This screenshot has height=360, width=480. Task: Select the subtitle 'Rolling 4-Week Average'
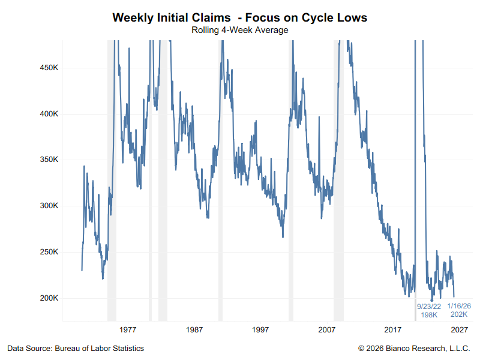239,29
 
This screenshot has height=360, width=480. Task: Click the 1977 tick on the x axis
128,329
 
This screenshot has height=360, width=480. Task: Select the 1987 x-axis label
194,329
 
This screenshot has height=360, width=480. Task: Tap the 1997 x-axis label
260,329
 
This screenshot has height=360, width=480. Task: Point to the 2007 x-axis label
326,329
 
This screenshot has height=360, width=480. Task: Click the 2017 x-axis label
393,329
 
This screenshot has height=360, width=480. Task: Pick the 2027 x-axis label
459,329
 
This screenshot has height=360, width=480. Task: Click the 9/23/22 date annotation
429,306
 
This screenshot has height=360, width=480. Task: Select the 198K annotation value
429,314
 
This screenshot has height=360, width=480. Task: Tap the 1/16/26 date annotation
459,305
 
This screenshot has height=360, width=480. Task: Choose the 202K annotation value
459,314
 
